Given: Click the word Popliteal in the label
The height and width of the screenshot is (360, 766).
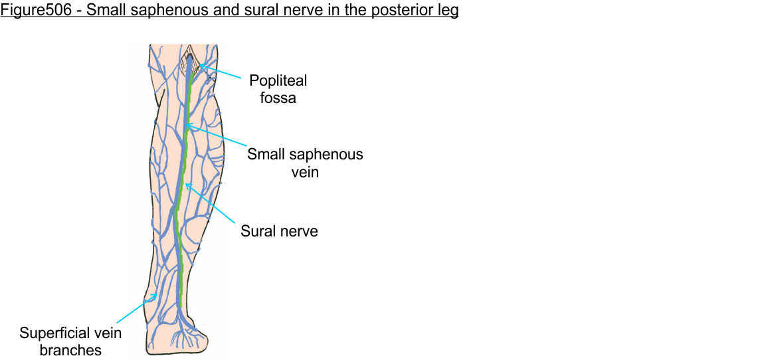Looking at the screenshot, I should (x=278, y=80).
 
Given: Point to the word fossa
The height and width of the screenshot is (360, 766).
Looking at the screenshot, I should (x=278, y=98).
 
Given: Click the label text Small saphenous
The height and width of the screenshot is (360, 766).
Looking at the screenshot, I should (x=305, y=155).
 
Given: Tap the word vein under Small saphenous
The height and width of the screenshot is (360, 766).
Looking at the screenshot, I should (x=305, y=172).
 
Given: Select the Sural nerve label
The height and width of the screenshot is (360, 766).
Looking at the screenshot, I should (x=279, y=231).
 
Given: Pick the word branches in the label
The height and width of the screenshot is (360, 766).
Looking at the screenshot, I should (x=70, y=350).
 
